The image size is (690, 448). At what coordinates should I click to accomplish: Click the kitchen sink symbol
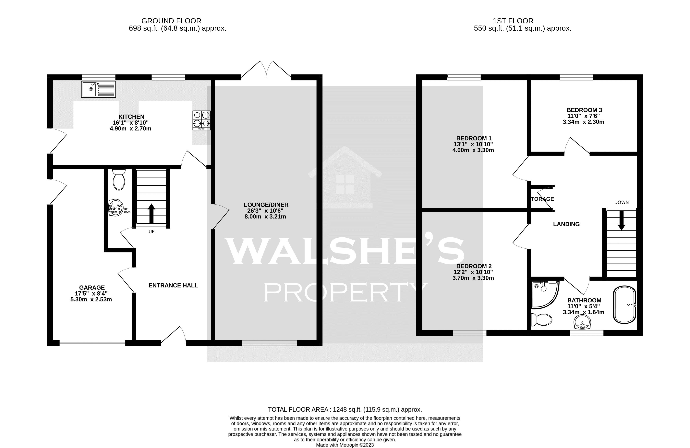pyautogui.click(x=98, y=89)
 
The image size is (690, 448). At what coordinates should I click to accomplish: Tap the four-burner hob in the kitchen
pyautogui.click(x=201, y=120)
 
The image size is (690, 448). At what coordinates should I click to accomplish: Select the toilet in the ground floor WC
pyautogui.click(x=119, y=180)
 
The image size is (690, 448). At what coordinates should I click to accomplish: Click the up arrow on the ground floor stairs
pyautogui.click(x=151, y=213)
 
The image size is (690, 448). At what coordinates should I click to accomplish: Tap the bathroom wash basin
pyautogui.click(x=582, y=322)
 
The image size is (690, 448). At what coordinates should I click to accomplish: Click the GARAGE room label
pyautogui.click(x=92, y=288)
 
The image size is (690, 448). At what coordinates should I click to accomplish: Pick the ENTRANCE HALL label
pyautogui.click(x=173, y=286)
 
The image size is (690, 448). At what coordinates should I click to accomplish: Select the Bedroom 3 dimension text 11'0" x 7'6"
pyautogui.click(x=584, y=116)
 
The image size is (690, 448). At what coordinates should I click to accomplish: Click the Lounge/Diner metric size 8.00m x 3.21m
pyautogui.click(x=265, y=217)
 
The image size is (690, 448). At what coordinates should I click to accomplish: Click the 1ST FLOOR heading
pyautogui.click(x=513, y=21)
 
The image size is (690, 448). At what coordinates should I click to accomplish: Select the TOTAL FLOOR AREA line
pyautogui.click(x=345, y=409)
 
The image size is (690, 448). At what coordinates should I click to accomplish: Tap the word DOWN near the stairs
pyautogui.click(x=621, y=202)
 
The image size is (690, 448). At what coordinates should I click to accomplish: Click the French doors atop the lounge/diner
pyautogui.click(x=266, y=70)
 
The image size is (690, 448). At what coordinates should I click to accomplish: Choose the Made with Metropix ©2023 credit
pyautogui.click(x=345, y=445)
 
